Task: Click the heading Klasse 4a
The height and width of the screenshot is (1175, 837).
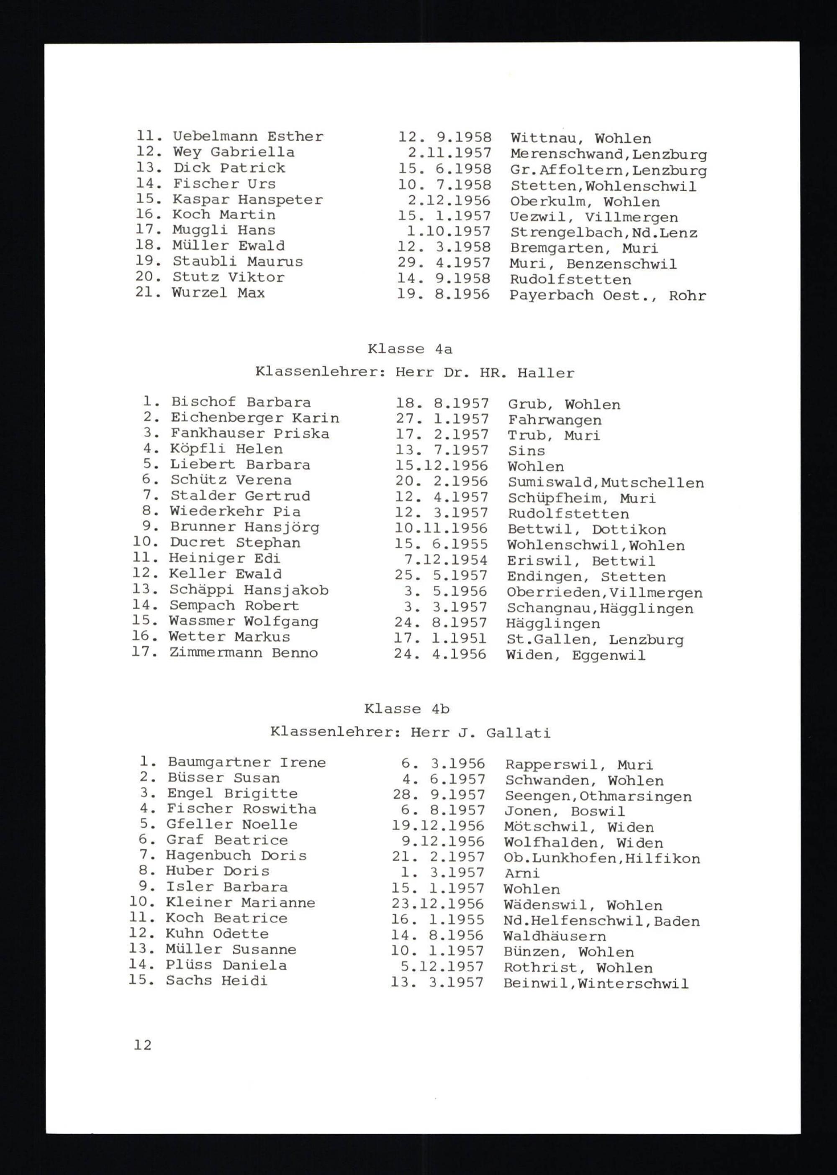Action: pos(410,349)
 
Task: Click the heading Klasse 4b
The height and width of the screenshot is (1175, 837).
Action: pos(407,709)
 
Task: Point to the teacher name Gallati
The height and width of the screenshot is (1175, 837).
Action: pos(518,732)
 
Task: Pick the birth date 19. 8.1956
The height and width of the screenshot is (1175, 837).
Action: pos(443,294)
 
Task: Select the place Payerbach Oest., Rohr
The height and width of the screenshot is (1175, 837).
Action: pos(608,296)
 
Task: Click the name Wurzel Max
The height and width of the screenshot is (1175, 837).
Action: pos(218,293)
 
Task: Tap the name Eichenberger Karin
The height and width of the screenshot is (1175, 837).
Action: pos(254,418)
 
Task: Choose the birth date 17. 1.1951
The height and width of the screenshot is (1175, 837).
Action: pos(441,639)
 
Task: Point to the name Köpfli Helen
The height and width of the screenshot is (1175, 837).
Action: pos(226,449)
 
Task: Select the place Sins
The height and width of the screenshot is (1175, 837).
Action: pos(526,451)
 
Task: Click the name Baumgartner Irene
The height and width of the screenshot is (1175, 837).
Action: pos(246,763)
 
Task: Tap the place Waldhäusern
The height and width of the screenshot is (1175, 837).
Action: pos(555,936)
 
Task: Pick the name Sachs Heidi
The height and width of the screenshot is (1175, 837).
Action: pos(216,980)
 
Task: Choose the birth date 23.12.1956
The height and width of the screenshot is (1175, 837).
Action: pos(438,904)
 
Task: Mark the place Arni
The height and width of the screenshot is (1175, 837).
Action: pos(521,873)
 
